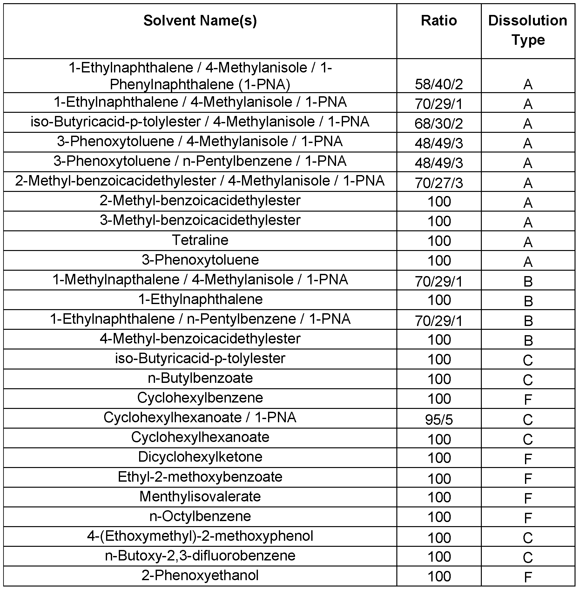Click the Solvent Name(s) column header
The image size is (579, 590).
pyautogui.click(x=200, y=21)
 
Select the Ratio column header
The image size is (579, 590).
pyautogui.click(x=439, y=21)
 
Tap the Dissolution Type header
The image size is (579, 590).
pyautogui.click(x=528, y=30)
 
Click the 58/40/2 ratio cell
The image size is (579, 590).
pyautogui.click(x=439, y=85)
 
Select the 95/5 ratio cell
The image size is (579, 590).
pyautogui.click(x=439, y=420)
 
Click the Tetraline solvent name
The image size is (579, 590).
pyautogui.click(x=200, y=240)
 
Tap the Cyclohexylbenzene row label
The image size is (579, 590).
pyautogui.click(x=200, y=398)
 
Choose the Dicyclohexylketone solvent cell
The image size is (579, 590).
pyautogui.click(x=200, y=457)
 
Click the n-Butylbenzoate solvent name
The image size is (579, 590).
pyautogui.click(x=200, y=378)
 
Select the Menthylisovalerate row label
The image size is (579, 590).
pyautogui.click(x=200, y=497)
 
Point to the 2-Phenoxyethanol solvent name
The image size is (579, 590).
pyautogui.click(x=200, y=575)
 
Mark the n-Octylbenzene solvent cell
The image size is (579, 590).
pyautogui.click(x=200, y=516)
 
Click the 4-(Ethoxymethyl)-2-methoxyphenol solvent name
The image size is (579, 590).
pyautogui.click(x=200, y=536)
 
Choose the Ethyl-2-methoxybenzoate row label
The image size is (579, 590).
pyautogui.click(x=200, y=477)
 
